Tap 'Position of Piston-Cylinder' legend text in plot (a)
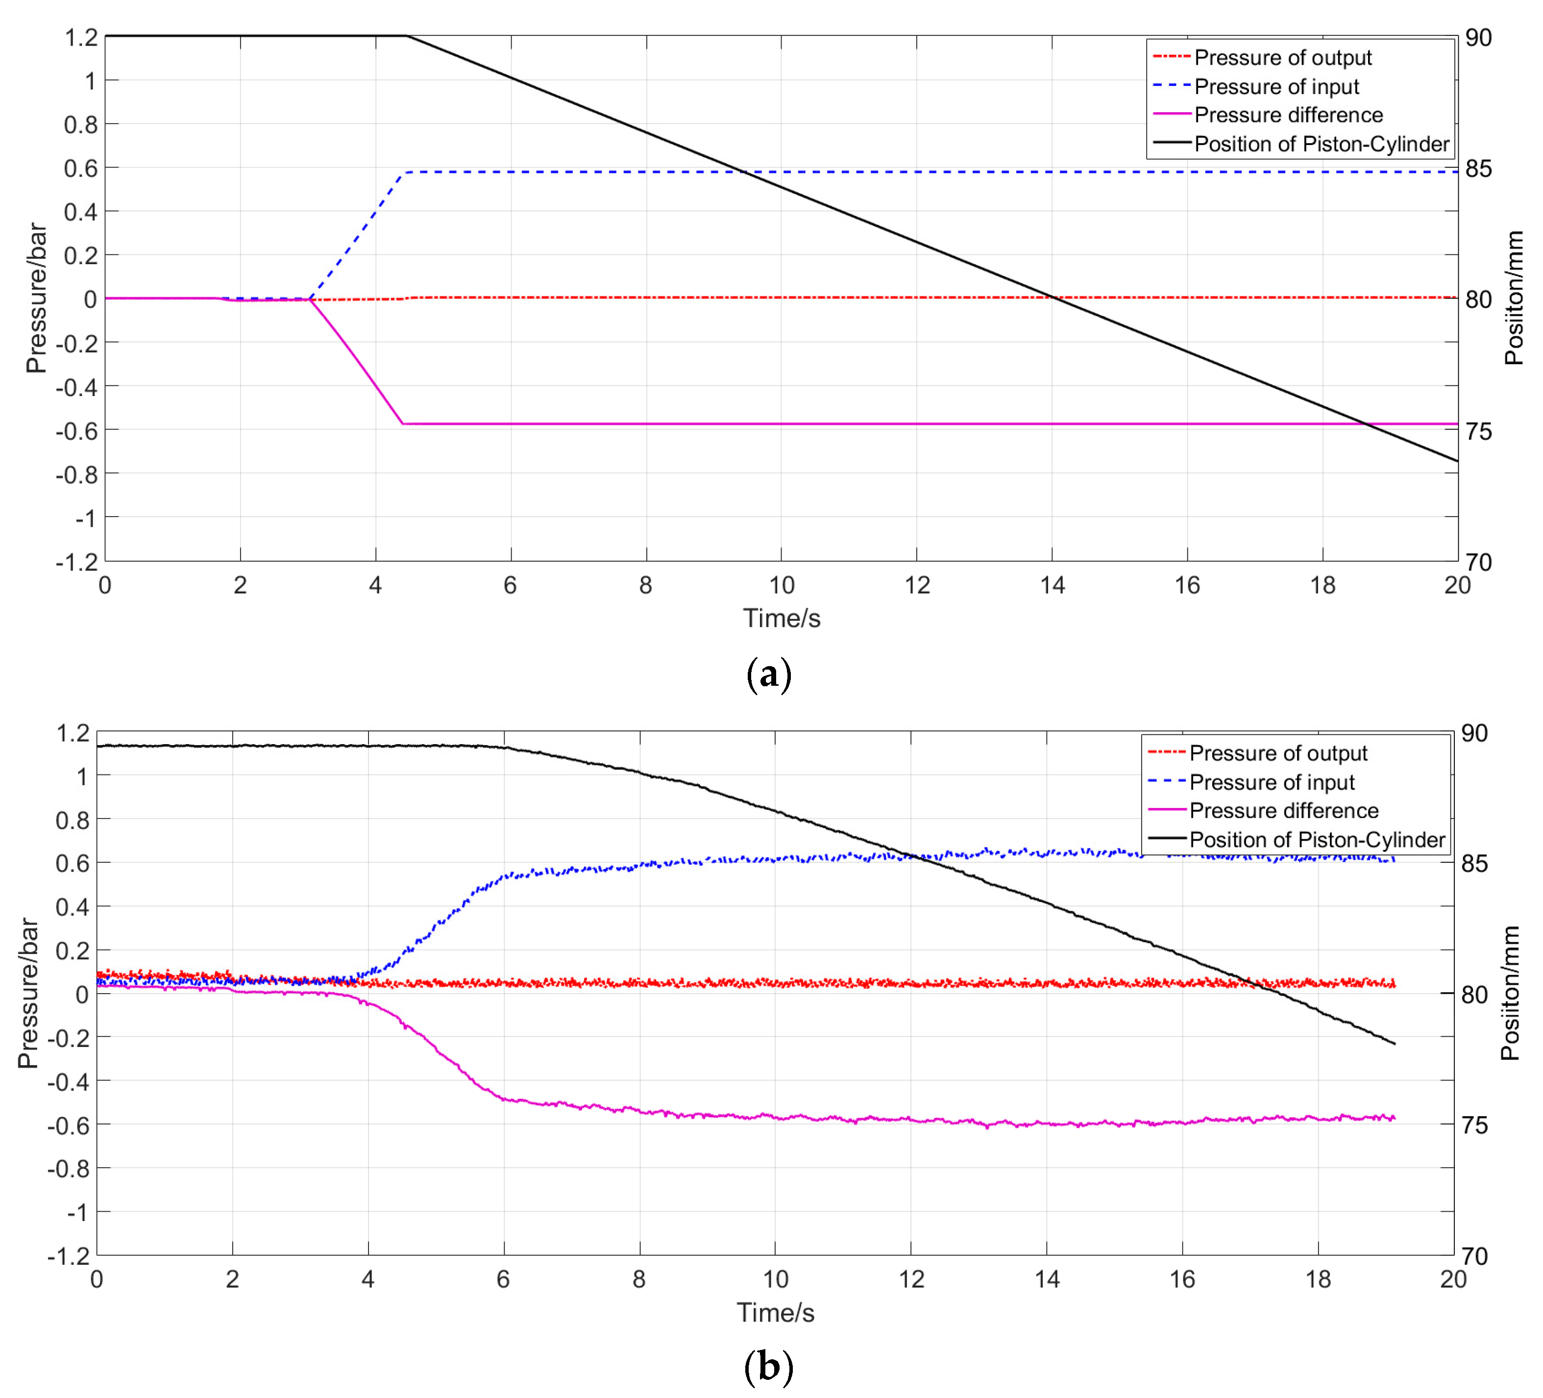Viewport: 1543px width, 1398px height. [x=1322, y=144]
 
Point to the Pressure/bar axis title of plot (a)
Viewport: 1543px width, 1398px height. [x=35, y=299]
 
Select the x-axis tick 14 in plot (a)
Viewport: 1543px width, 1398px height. [x=1053, y=586]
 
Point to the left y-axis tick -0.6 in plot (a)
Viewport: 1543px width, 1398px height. [x=76, y=430]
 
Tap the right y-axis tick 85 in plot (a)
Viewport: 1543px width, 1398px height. [x=1478, y=169]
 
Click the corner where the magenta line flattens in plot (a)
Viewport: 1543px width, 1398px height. [x=403, y=424]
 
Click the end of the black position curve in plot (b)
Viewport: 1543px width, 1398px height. [x=1395, y=1044]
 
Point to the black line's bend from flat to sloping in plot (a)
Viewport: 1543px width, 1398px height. [x=406, y=36]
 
